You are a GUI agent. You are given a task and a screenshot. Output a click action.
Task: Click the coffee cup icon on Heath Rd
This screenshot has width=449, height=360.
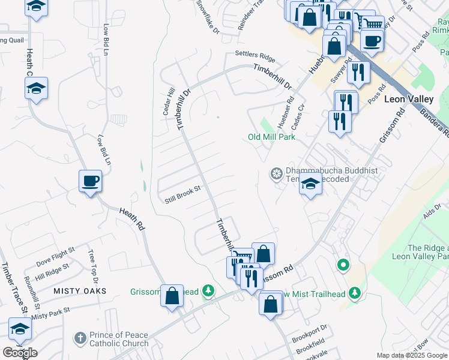[90, 181]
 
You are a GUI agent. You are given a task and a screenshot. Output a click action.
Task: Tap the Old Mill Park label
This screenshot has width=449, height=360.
[272, 137]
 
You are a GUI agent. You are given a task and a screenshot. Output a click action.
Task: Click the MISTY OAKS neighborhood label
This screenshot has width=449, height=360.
[79, 291]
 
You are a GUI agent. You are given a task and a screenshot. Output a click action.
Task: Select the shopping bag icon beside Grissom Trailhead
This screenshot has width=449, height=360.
[172, 296]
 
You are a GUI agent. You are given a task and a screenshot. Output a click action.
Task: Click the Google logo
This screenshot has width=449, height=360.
[20, 353]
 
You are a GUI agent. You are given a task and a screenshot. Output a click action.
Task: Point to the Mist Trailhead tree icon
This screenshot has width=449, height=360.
[355, 292]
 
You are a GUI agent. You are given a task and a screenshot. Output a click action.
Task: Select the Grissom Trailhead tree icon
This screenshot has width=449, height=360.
[208, 292]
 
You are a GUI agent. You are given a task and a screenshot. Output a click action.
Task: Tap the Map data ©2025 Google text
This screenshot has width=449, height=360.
[411, 355]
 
